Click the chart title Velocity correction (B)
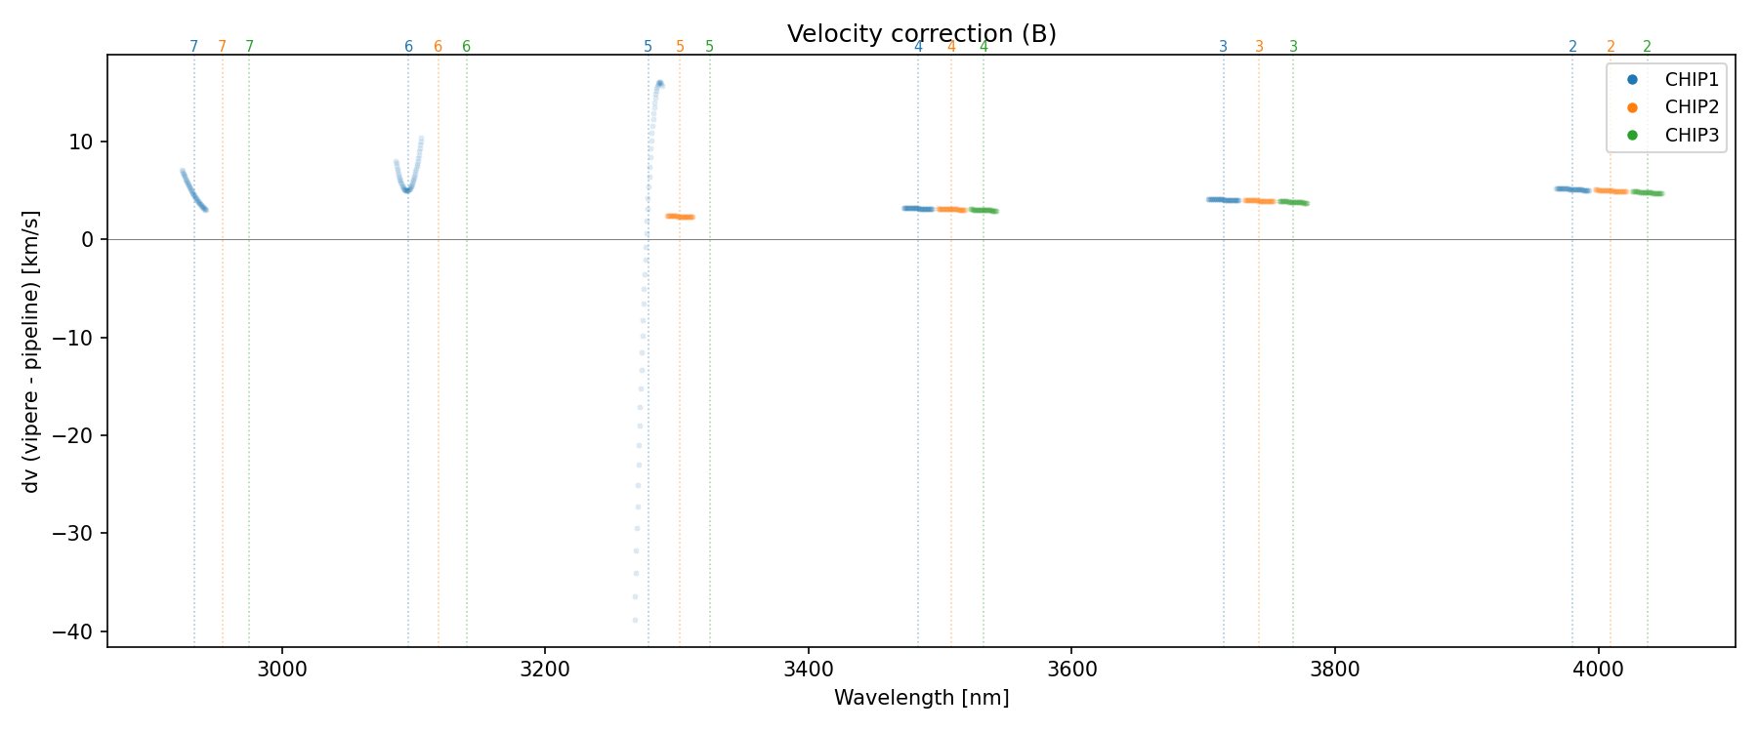coord(921,34)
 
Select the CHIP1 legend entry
coord(1692,80)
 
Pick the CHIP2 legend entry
coord(1692,107)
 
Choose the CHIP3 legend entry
coord(1692,136)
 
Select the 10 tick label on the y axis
coord(80,142)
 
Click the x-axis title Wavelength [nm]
coord(921,698)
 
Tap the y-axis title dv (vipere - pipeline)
coord(31,351)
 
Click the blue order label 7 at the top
coord(193,47)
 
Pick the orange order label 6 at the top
coord(438,47)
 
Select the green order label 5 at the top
coord(709,47)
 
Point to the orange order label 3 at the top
coord(1259,47)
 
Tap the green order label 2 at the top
coord(1647,47)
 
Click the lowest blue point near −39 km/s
coord(635,620)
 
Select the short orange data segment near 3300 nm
coord(680,217)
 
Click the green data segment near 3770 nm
coord(1293,202)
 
